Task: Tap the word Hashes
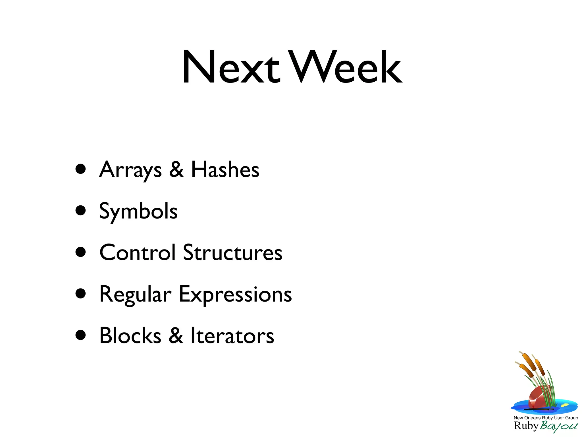225,170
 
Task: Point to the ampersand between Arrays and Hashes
176,170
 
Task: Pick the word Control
138,253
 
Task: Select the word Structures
232,253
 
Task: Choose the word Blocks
130,336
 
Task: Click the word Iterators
232,336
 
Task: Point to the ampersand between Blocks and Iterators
176,336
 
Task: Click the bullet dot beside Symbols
81,211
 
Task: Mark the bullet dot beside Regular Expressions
81,294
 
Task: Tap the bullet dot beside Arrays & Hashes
81,169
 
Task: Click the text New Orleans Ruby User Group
546,418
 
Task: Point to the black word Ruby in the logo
526,426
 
